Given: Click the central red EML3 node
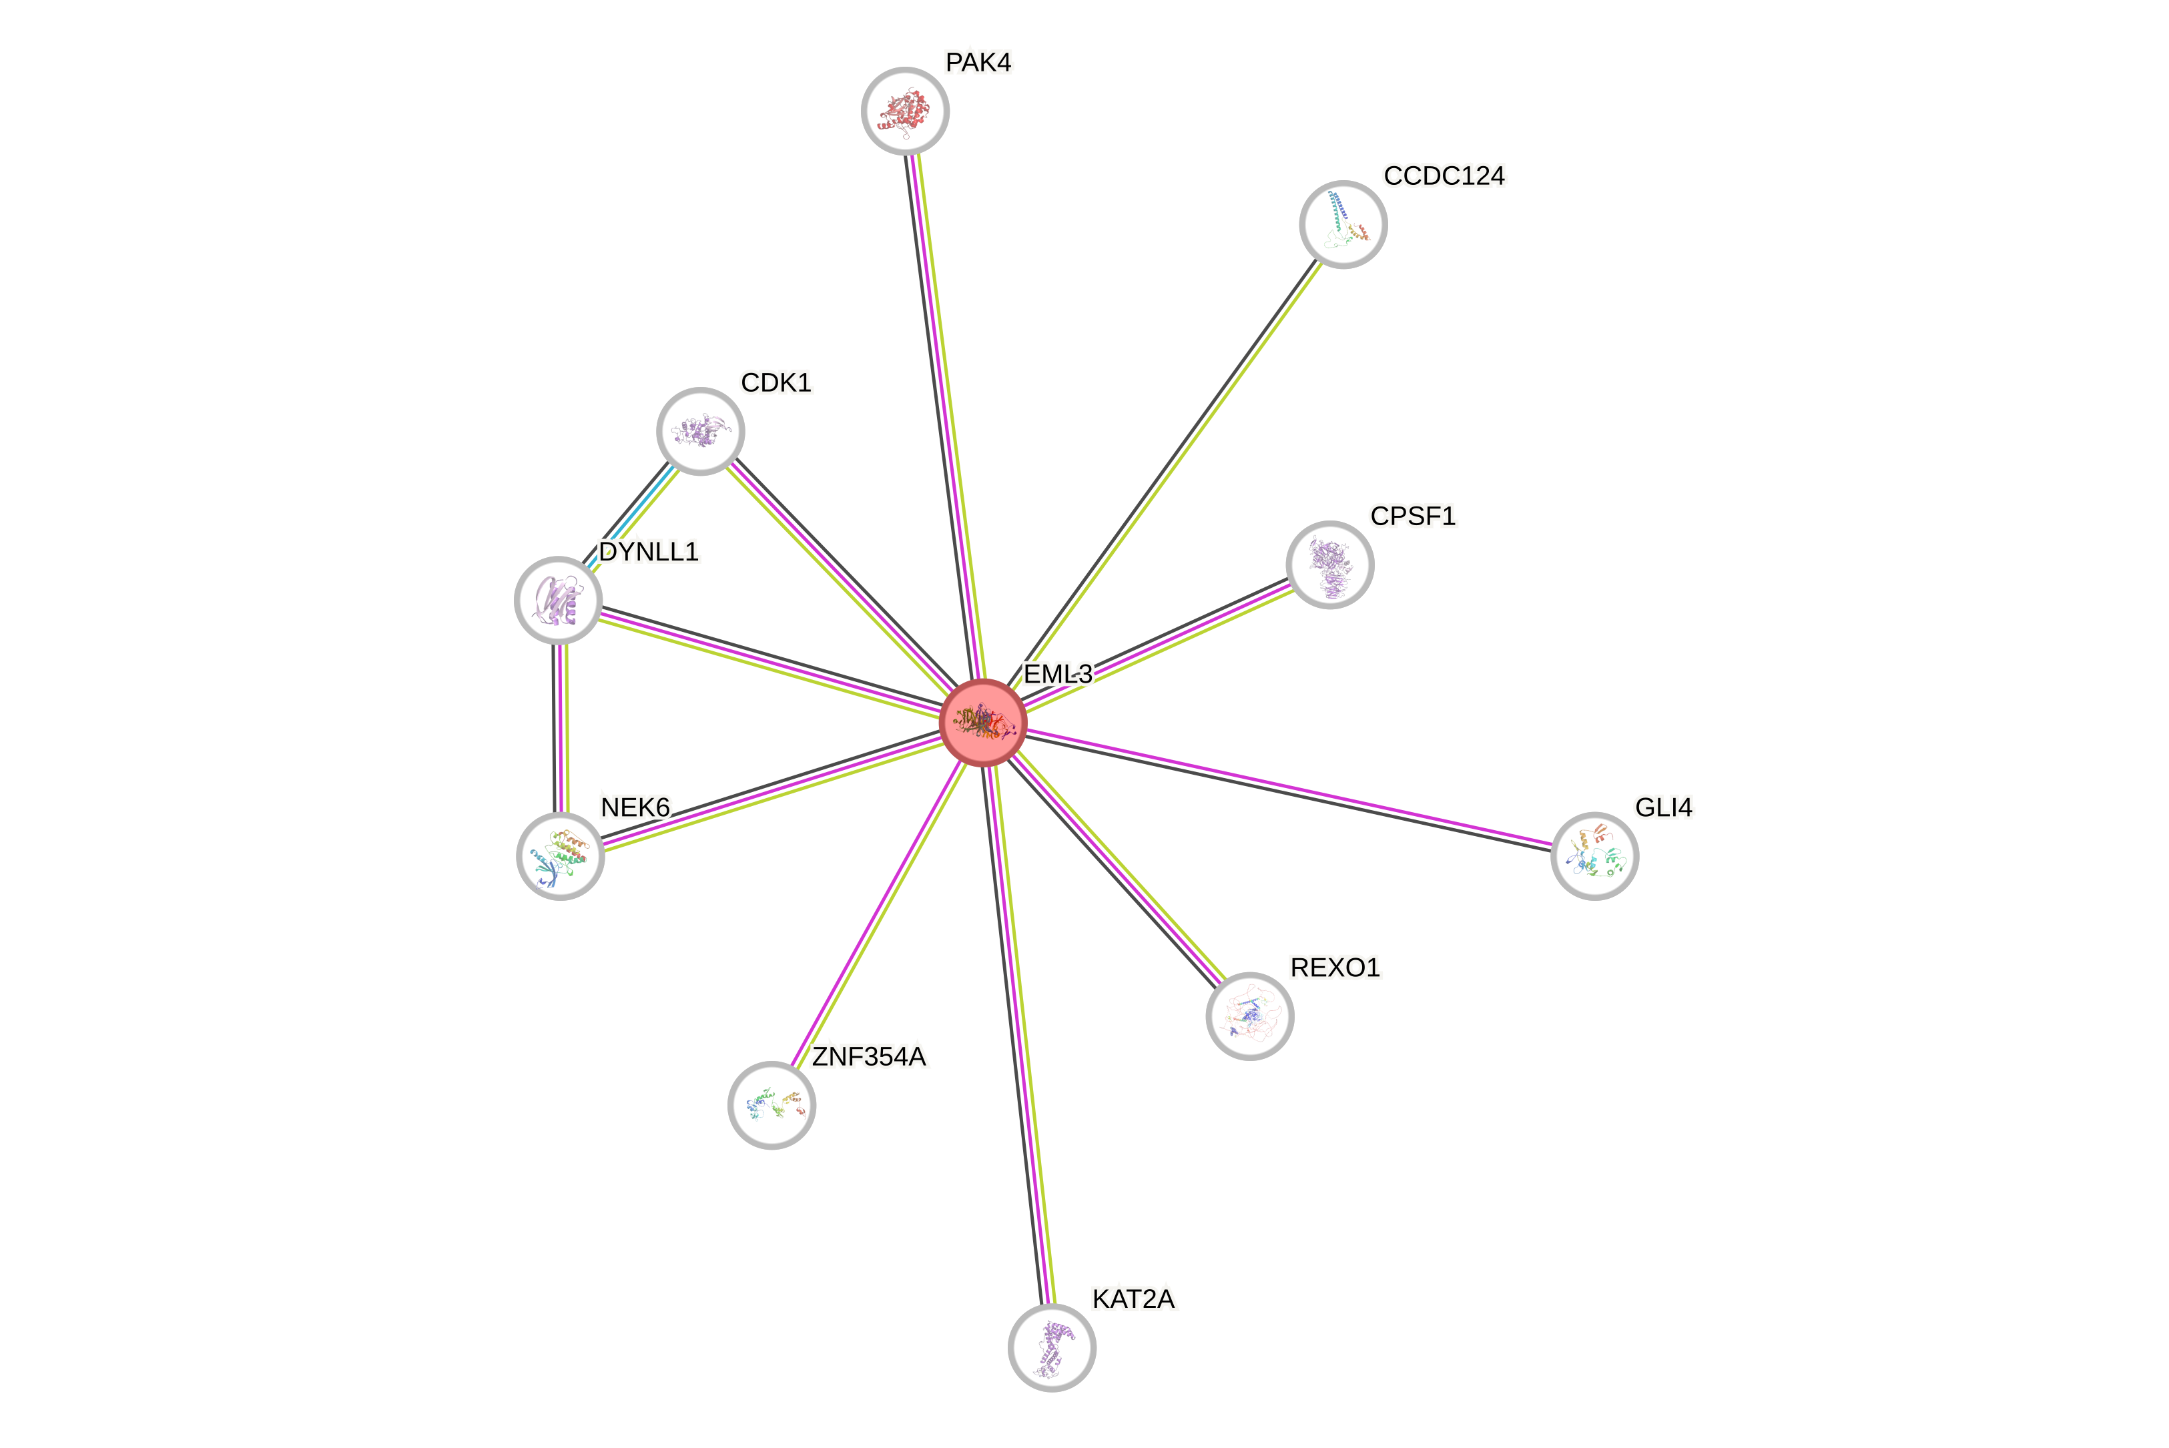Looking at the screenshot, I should click(x=982, y=722).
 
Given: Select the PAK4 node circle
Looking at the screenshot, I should click(x=905, y=111).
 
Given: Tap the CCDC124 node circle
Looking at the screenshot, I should click(x=1343, y=224).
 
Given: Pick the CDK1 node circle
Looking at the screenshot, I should click(x=700, y=431).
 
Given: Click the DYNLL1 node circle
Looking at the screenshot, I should click(x=558, y=601).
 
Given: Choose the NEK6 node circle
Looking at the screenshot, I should click(x=559, y=856).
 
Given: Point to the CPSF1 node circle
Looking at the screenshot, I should click(x=1329, y=565).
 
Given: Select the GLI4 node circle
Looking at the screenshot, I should click(x=1594, y=856).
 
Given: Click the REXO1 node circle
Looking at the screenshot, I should click(x=1249, y=1016).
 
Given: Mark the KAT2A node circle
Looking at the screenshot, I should click(x=1052, y=1347).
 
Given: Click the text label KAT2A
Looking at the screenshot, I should click(x=1133, y=1299).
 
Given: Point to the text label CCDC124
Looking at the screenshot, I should click(x=1444, y=175).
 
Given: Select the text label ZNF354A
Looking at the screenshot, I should click(x=869, y=1056).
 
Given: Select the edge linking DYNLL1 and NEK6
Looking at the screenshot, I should click(x=561, y=729).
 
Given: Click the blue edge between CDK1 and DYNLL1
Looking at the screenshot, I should click(x=631, y=514).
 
